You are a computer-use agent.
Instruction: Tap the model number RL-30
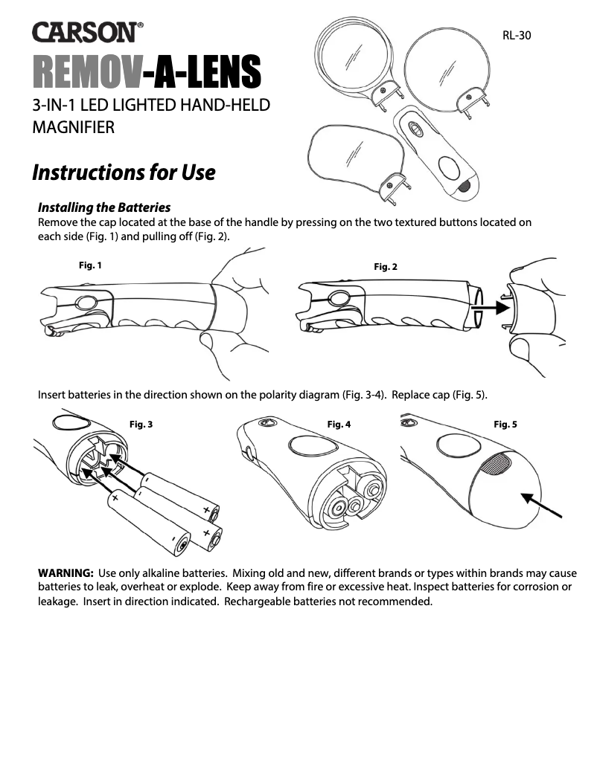click(x=517, y=35)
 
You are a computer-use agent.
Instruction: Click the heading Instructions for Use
click(x=124, y=172)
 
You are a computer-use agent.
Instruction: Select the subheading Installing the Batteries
click(x=104, y=207)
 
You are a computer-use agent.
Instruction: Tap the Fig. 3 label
click(x=141, y=425)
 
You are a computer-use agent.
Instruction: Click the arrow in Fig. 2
click(x=494, y=305)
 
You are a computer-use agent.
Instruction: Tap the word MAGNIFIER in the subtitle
click(x=73, y=129)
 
